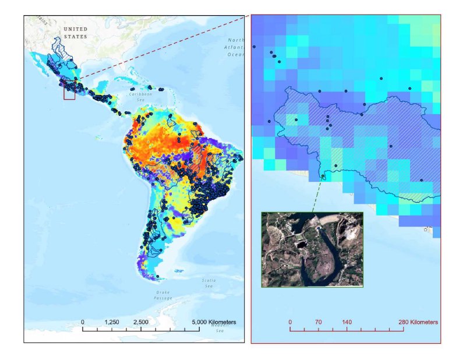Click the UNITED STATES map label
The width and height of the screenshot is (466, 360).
(x=75, y=33)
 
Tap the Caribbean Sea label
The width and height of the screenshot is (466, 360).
(x=140, y=96)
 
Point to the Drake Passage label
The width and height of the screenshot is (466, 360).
(x=163, y=295)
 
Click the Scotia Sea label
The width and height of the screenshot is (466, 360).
(x=209, y=283)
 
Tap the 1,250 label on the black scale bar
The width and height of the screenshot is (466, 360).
(x=112, y=322)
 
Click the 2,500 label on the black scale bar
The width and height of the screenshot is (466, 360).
(x=141, y=322)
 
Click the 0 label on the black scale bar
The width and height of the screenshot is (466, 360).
(x=83, y=322)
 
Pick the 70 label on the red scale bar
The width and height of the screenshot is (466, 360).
(x=318, y=322)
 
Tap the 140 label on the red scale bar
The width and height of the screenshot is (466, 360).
(x=347, y=322)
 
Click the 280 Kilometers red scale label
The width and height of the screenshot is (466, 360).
(x=416, y=322)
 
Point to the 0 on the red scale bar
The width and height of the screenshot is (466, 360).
(x=290, y=322)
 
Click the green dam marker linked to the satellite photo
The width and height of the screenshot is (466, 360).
(x=323, y=176)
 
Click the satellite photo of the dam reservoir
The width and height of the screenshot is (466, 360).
(x=312, y=249)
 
